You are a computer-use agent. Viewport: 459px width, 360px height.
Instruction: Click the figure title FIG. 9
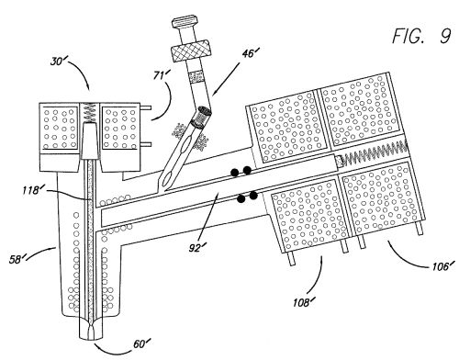point(421,36)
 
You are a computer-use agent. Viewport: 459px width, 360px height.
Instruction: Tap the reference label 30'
point(58,62)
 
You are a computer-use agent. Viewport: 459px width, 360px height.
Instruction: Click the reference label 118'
point(31,190)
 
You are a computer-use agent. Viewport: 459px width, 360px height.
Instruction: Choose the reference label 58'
point(17,260)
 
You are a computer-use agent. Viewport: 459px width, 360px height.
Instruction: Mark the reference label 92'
point(196,247)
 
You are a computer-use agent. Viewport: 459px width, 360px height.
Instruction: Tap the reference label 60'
point(141,343)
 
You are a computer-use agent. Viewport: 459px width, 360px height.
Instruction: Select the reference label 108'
point(304,302)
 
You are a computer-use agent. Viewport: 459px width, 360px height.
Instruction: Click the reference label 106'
point(442,266)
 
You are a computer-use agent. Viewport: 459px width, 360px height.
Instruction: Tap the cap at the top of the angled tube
point(185,22)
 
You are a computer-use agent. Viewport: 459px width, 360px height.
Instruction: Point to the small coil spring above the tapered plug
point(90,112)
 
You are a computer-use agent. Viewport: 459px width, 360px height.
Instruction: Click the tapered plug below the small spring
point(90,141)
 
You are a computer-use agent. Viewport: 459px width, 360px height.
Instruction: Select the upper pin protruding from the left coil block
point(146,107)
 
